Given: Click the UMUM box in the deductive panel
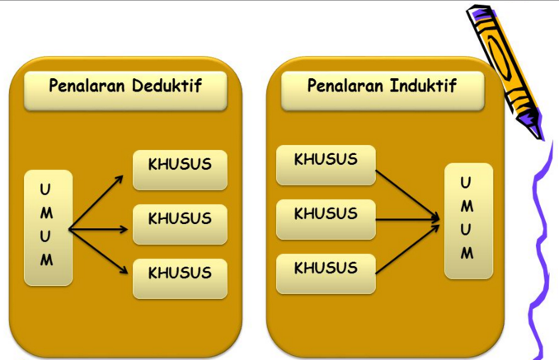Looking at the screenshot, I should tap(48, 227).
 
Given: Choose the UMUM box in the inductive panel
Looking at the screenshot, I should tap(467, 221).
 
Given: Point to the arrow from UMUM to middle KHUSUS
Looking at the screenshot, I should tap(99, 229).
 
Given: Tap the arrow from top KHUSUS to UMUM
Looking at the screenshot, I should tap(406, 194).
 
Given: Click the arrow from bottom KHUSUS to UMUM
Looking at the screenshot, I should tap(406, 247).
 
